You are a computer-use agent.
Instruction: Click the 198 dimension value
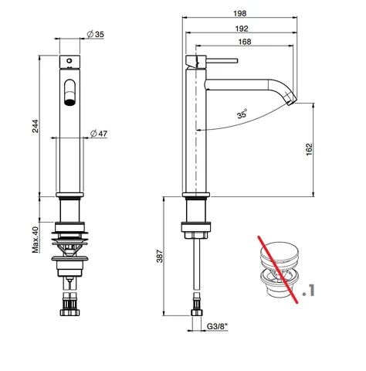click(x=239, y=13)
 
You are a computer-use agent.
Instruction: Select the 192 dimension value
click(x=242, y=29)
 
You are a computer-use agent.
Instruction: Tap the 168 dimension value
click(x=245, y=42)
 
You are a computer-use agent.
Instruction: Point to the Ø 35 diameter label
click(x=95, y=34)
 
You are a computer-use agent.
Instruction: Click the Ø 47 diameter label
click(x=99, y=134)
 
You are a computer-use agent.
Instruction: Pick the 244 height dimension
click(x=35, y=126)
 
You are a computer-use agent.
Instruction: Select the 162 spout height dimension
click(x=309, y=149)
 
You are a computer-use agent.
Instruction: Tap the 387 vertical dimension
click(x=160, y=256)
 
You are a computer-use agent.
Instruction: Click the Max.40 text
click(x=36, y=240)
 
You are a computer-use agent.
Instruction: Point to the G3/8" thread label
click(x=217, y=326)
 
